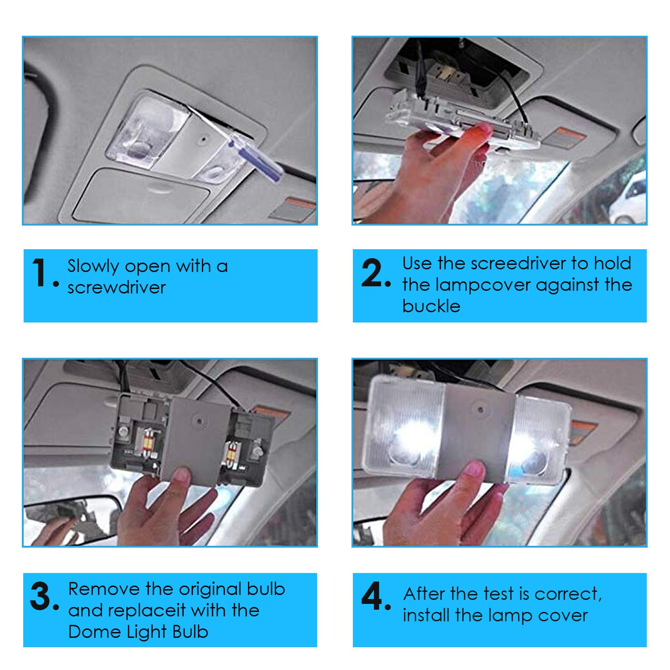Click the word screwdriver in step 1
click(117, 288)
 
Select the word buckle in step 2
click(431, 306)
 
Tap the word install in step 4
click(426, 616)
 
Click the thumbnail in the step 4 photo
click(473, 469)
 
